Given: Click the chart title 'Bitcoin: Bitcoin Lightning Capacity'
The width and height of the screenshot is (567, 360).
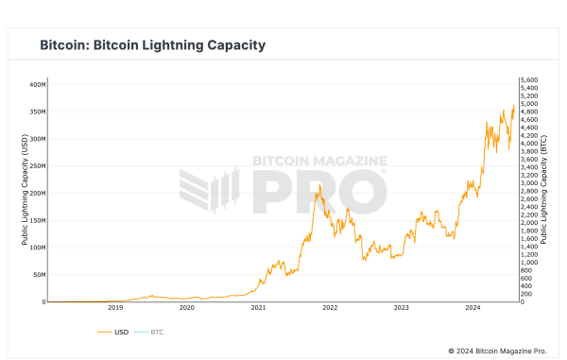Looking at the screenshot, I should pos(152,45).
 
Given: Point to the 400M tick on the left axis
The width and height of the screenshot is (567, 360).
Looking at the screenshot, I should pos(36,84).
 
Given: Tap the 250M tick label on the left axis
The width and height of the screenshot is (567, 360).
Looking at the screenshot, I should pos(36,165).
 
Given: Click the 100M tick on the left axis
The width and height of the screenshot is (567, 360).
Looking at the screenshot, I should pos(36,248).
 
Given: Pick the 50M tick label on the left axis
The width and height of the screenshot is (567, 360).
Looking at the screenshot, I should pos(38,275).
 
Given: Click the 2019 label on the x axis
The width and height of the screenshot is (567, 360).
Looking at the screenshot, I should pos(115,308).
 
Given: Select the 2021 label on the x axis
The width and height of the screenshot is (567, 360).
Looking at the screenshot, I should pos(258,308).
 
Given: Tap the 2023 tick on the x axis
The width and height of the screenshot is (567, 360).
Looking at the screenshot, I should pos(401,308).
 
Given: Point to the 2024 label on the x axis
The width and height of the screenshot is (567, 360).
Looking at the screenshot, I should pos(472,308).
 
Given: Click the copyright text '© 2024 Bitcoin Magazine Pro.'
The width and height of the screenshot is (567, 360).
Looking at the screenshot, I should pos(497,351).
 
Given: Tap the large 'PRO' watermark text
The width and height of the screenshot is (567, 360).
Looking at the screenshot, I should pos(318,192).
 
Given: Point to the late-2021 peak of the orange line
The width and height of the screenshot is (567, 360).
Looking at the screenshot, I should pos(318,185).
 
